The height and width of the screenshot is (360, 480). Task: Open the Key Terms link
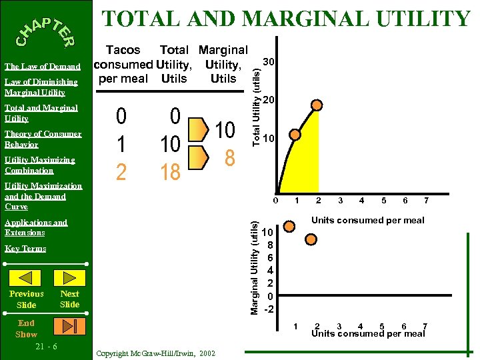pyautogui.click(x=25, y=249)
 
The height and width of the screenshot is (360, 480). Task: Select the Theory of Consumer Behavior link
pyautogui.click(x=43, y=139)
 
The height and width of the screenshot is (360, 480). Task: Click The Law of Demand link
pyautogui.click(x=43, y=67)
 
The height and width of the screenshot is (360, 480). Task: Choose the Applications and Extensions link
pyautogui.click(x=36, y=227)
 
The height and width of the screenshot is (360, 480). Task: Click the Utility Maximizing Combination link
pyautogui.click(x=39, y=165)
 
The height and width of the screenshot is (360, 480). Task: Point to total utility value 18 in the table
pyautogui.click(x=170, y=172)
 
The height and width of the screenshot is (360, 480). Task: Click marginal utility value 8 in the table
pyautogui.click(x=229, y=159)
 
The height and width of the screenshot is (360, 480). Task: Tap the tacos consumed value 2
pyautogui.click(x=121, y=172)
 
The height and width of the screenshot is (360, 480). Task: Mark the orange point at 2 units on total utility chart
pyautogui.click(x=318, y=105)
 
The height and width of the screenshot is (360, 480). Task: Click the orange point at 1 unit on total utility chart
pyautogui.click(x=295, y=134)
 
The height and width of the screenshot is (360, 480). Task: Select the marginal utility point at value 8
pyautogui.click(x=311, y=239)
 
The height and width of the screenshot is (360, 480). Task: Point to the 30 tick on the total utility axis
pyautogui.click(x=269, y=62)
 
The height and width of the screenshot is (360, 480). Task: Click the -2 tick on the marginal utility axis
pyautogui.click(x=269, y=309)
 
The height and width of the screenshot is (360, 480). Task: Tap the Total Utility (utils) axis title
pyautogui.click(x=254, y=99)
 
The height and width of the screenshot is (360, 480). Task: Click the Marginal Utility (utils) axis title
pyautogui.click(x=254, y=269)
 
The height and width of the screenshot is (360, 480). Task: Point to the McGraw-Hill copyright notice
pyautogui.click(x=155, y=353)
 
